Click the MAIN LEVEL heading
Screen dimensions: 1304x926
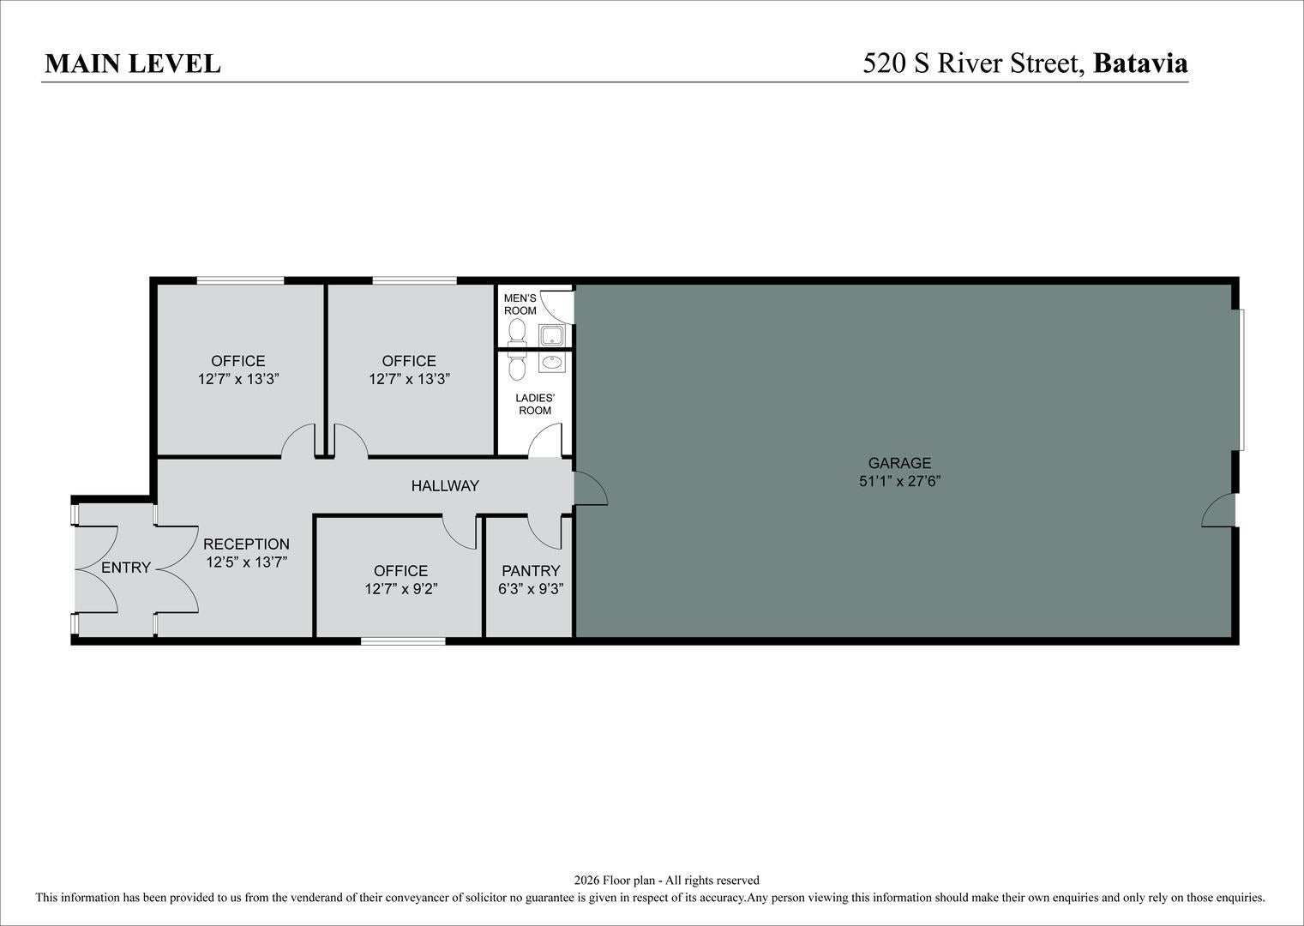133,63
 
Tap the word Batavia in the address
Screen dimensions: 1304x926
1140,63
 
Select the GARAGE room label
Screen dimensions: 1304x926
899,463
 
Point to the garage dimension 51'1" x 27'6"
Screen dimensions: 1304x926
900,481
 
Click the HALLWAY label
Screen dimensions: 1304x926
445,485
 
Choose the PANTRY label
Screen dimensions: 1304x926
531,570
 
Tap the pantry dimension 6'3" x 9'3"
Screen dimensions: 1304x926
531,589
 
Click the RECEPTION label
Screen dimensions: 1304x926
246,544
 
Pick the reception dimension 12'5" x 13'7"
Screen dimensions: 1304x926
247,562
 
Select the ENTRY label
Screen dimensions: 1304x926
126,567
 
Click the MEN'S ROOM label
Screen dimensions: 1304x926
520,304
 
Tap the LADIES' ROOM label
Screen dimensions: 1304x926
535,404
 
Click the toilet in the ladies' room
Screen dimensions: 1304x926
517,365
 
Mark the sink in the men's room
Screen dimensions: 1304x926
550,336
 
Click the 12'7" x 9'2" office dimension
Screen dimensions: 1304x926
401,589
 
